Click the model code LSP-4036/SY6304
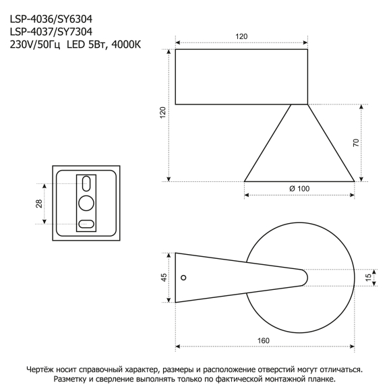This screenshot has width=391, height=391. (51, 20)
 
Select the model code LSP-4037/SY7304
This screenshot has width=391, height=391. (51, 31)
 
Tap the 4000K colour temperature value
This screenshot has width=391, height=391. (131, 44)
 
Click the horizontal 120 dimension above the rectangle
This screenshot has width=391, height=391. (242, 37)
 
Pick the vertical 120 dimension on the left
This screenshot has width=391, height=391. (162, 113)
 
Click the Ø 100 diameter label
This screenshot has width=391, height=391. (299, 189)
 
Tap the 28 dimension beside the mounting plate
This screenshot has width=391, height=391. (39, 204)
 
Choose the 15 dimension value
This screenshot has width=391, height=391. (368, 277)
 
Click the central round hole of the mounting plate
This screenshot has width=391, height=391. (86, 202)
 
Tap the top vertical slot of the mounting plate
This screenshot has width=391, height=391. (86, 183)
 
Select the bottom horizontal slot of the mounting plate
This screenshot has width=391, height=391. (86, 224)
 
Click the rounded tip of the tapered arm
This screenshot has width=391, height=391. (304, 276)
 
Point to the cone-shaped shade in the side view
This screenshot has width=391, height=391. (299, 152)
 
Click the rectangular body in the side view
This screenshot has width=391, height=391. (242, 76)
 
